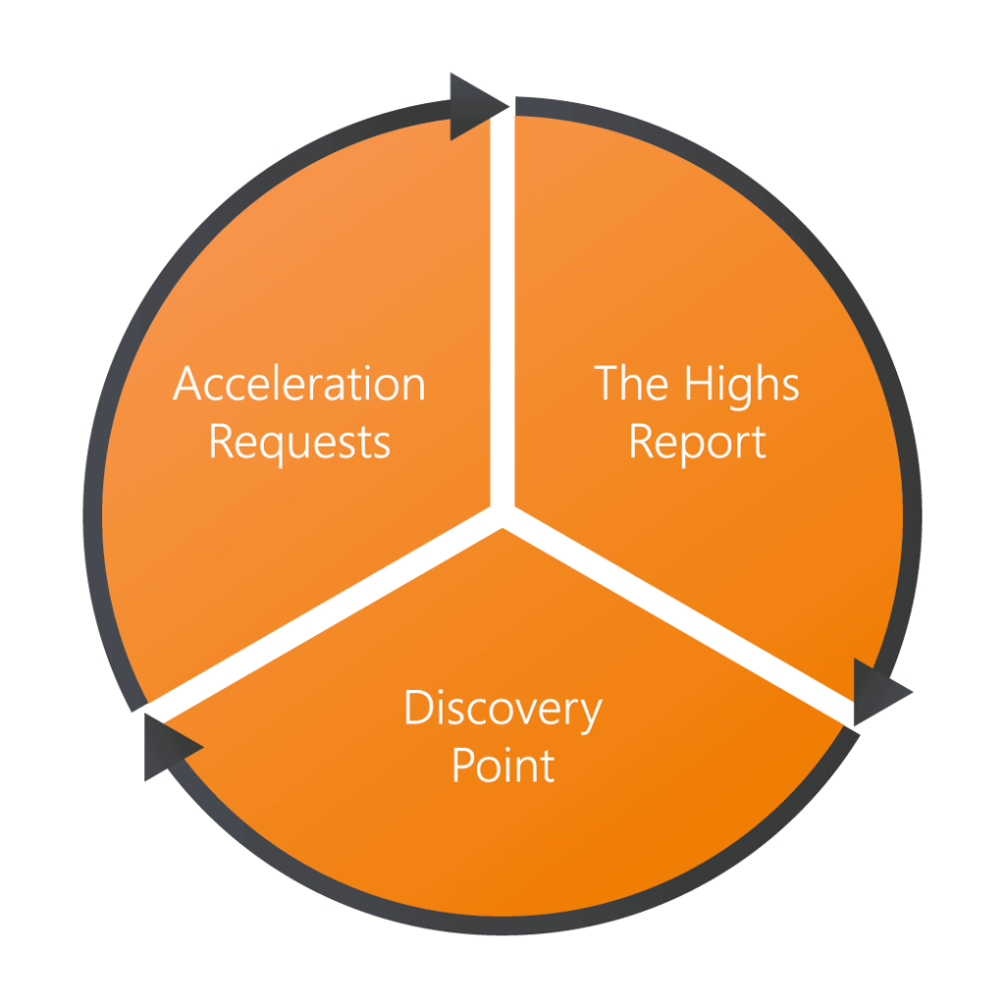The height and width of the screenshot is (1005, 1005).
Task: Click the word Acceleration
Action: [x=299, y=384]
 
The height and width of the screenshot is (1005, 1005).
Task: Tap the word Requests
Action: [x=299, y=444]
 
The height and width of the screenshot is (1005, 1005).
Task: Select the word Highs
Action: [x=742, y=384]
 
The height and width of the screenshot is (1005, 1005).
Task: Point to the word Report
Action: [x=698, y=443]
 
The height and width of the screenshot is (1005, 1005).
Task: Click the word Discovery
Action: [x=503, y=709]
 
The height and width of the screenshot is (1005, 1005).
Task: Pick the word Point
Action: [x=503, y=766]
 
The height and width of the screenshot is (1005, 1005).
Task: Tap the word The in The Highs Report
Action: [x=631, y=383]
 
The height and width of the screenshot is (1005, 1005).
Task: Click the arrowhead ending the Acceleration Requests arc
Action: [x=479, y=106]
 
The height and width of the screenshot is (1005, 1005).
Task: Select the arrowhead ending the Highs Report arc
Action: [x=882, y=692]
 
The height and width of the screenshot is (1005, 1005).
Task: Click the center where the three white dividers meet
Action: [x=502, y=515]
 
